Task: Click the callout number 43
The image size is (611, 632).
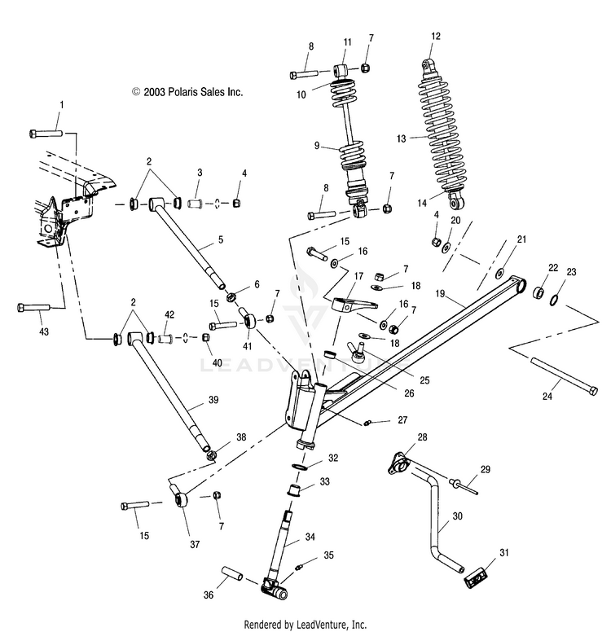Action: [x=43, y=331]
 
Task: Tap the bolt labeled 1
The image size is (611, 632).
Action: [x=46, y=133]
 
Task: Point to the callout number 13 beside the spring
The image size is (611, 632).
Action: [x=401, y=138]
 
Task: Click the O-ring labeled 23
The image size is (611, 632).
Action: [x=554, y=301]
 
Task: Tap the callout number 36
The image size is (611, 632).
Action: [x=208, y=595]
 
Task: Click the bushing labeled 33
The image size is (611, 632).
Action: [x=293, y=490]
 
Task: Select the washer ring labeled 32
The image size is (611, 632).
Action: [x=299, y=467]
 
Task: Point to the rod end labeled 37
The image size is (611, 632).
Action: [x=179, y=497]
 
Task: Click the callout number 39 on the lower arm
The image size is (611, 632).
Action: [x=213, y=399]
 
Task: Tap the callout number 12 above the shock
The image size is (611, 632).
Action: [x=436, y=37]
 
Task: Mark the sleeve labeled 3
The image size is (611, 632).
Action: [x=196, y=203]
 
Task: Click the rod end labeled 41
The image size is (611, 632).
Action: [x=248, y=318]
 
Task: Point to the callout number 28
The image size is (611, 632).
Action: [x=422, y=437]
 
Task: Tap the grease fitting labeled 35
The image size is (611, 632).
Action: [x=299, y=568]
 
